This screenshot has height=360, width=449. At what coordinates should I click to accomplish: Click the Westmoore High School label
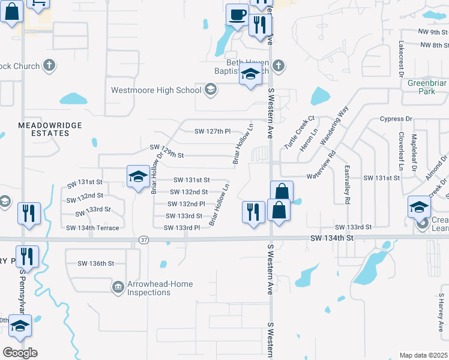tap(156, 91)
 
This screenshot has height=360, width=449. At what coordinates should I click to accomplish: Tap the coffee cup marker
tap(237, 14)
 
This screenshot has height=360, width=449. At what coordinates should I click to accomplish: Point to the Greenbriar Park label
tap(426, 87)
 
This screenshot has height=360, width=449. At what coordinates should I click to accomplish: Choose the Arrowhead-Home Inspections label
tap(149, 288)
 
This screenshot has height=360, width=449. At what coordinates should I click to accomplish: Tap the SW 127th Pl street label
tap(212, 131)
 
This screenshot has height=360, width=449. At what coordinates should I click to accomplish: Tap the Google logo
tap(20, 353)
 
